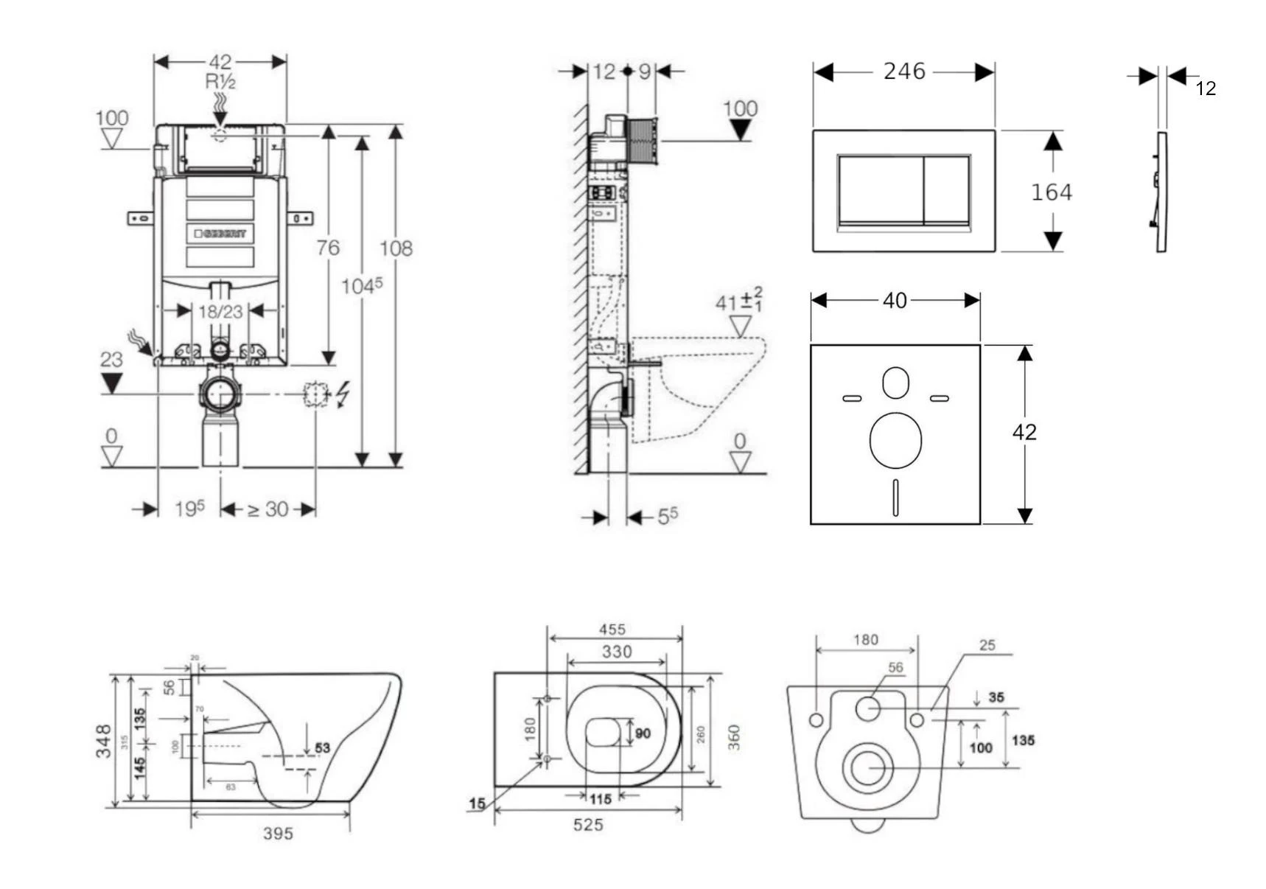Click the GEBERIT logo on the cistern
click(220, 234)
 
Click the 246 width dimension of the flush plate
click(903, 72)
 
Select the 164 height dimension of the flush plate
click(1051, 192)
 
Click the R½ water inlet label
click(220, 82)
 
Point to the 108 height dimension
click(396, 248)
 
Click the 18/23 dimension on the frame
click(220, 312)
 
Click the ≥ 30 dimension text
click(267, 509)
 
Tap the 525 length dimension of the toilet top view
click(588, 825)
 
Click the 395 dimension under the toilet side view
click(278, 833)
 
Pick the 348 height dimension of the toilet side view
click(104, 740)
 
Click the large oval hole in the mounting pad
click(895, 440)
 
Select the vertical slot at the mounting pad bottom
click(895, 497)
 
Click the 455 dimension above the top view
click(612, 630)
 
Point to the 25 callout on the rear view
click(987, 646)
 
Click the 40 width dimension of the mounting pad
click(895, 301)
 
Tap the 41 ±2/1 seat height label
click(738, 301)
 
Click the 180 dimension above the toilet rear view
click(866, 640)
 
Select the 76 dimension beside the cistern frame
click(328, 248)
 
